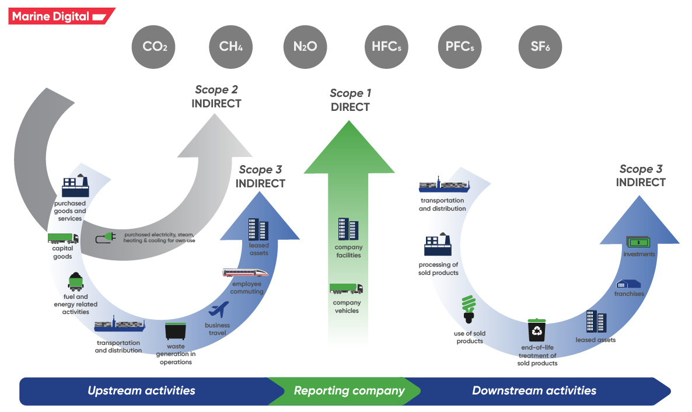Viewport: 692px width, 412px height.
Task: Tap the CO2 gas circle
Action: pos(155,47)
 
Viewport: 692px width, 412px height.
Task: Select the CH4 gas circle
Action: pos(230,47)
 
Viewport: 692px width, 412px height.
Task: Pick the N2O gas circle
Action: pos(305,47)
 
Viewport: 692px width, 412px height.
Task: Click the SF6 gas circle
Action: pos(540,47)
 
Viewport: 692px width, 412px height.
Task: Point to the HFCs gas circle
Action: pos(386,47)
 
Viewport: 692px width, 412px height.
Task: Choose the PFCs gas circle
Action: pos(459,47)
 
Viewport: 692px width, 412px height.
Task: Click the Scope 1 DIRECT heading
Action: pos(350,100)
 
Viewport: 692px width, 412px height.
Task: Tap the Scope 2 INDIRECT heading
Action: pos(216,97)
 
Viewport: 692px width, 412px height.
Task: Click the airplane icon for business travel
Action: pos(218,310)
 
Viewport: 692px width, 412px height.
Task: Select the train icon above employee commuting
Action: pos(246,273)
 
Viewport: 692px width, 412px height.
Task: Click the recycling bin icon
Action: pos(537,330)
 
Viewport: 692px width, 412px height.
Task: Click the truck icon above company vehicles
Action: pos(346,289)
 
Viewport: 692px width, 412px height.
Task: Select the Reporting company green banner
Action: pos(349,391)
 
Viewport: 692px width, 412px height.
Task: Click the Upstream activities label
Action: pos(141,391)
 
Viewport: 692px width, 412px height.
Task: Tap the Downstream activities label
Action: pos(534,391)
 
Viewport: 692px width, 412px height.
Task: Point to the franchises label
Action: pos(629,294)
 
